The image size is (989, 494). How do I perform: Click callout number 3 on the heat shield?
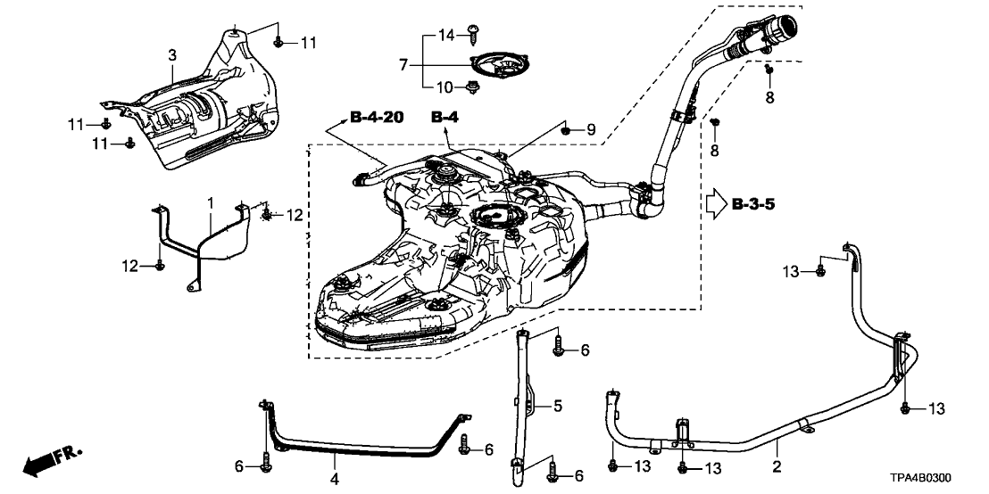(x=172, y=56)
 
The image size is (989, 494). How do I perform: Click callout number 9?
(x=589, y=130)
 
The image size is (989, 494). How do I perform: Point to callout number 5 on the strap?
(x=557, y=407)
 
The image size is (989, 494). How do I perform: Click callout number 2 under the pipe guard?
(x=777, y=465)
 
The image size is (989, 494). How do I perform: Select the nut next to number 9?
(x=567, y=131)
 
